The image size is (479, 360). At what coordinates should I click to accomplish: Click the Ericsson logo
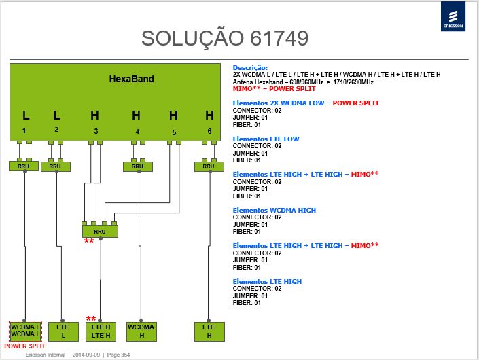[453, 16]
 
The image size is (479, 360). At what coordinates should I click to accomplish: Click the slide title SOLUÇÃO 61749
[225, 39]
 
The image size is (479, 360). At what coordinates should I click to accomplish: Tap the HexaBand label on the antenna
[131, 79]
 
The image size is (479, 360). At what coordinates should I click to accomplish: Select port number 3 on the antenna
[96, 131]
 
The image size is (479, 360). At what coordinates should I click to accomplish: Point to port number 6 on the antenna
[209, 131]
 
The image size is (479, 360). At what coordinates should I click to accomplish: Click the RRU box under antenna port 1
[24, 166]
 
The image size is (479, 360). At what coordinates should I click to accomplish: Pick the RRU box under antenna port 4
[137, 166]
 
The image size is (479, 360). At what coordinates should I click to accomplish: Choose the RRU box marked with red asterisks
[100, 232]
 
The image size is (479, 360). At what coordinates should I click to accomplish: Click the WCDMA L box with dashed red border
[25, 331]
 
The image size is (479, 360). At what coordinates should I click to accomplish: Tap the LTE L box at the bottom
[63, 331]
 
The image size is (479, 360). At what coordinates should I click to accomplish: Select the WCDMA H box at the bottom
[141, 331]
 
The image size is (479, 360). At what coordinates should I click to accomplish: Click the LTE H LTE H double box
[101, 331]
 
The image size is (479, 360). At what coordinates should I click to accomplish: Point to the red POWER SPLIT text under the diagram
[24, 346]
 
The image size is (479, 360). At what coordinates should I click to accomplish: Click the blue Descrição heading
[250, 68]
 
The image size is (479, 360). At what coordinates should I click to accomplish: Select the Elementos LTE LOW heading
[266, 139]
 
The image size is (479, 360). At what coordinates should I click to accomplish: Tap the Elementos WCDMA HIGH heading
[274, 211]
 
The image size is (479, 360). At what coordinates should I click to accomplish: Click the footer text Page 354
[118, 355]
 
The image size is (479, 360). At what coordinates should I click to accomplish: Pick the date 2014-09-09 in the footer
[86, 355]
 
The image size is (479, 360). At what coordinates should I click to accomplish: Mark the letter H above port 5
[173, 115]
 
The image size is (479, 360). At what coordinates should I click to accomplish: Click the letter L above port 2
[57, 115]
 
